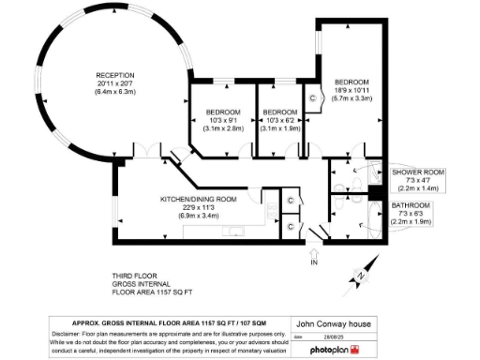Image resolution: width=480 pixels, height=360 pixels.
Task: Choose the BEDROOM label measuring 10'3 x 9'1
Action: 223,112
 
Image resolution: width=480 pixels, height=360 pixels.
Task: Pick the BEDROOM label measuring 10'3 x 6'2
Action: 282,112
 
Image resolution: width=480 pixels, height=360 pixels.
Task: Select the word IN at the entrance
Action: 315,265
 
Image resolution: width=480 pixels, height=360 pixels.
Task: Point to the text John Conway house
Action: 332,323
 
